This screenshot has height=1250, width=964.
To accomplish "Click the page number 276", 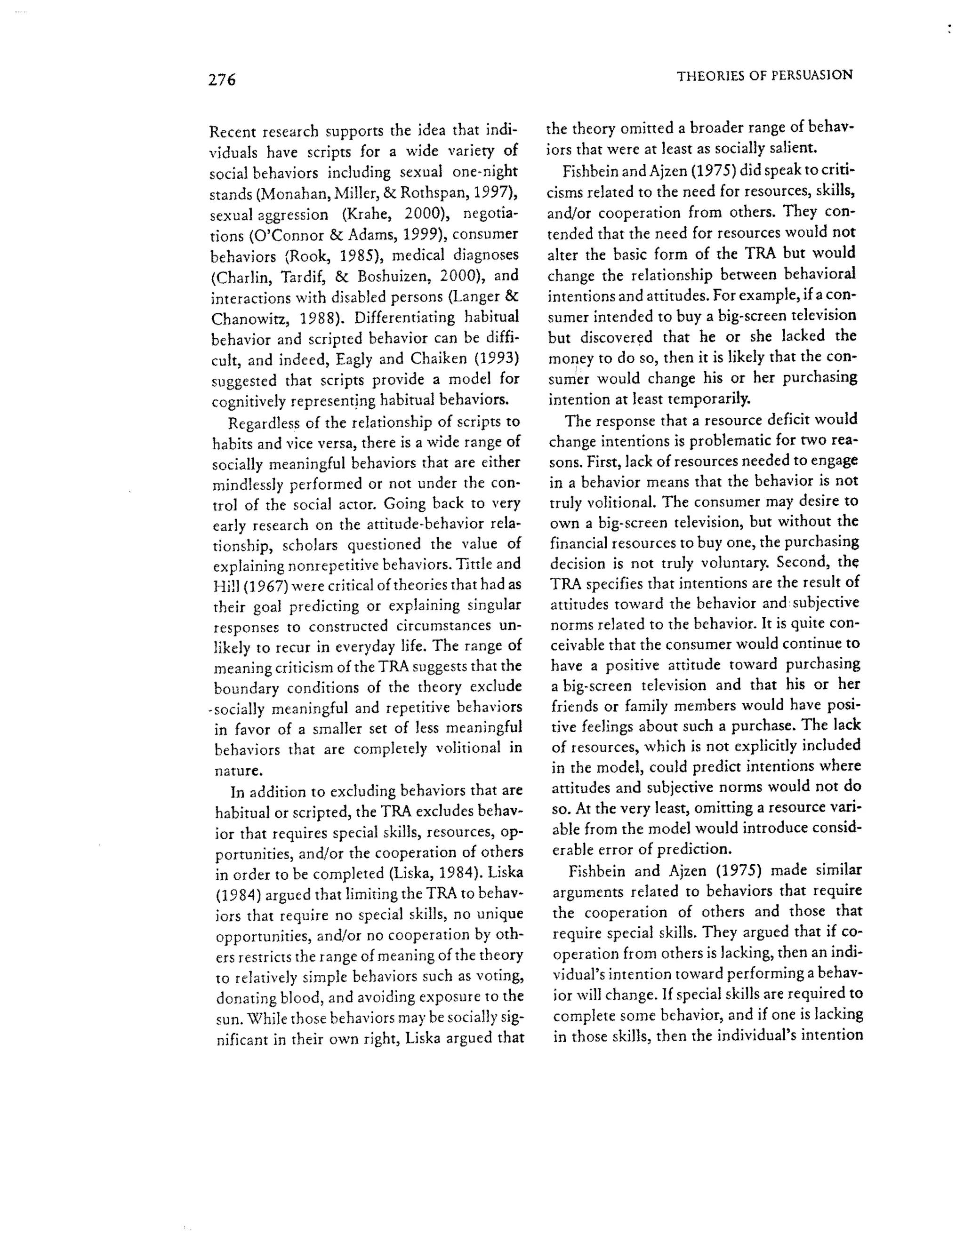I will click(x=222, y=80).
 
